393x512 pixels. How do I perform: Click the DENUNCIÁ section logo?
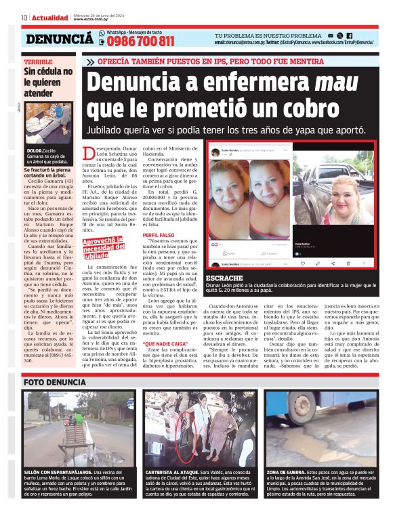tap(60, 39)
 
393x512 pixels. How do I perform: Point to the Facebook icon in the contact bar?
tap(350, 35)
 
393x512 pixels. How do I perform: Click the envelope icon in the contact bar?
tap(330, 35)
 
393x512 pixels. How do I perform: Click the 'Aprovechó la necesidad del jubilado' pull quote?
tap(104, 248)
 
